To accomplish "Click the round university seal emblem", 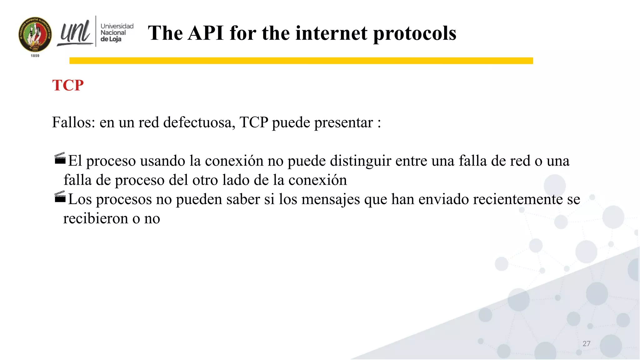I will (35, 35).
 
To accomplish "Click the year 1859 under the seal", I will (35, 56).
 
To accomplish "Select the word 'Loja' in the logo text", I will (115, 39).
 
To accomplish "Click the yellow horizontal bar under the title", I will (301, 61).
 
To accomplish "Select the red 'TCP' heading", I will (68, 85).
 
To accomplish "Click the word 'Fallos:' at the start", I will (73, 122).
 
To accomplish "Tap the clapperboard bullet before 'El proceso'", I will (60, 158).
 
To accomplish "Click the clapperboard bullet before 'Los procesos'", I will (60, 197).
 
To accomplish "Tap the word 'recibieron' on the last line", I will (96, 218).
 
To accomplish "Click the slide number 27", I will (586, 344).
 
